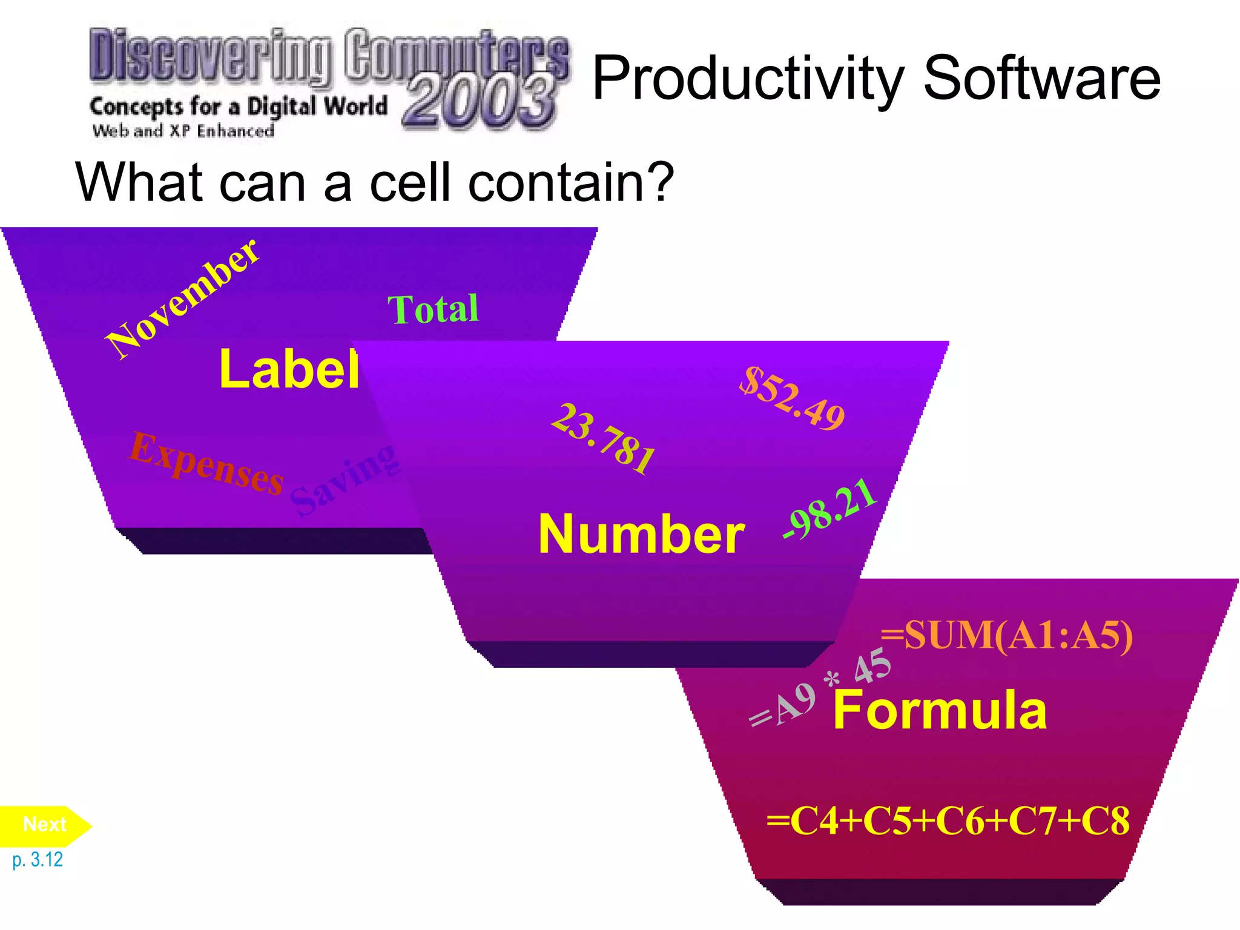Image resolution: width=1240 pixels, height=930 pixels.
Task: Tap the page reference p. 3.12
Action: (x=38, y=860)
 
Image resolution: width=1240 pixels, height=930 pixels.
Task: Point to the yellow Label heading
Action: (x=289, y=369)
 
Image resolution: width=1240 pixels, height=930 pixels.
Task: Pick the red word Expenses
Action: (x=206, y=463)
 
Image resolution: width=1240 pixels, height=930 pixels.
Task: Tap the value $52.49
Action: (x=792, y=398)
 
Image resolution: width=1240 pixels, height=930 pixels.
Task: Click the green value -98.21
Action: (x=829, y=508)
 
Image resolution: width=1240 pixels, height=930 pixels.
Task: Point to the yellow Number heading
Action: (x=641, y=534)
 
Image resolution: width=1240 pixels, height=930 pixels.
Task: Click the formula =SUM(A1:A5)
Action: (x=1006, y=636)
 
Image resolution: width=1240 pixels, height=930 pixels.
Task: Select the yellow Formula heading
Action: (x=940, y=710)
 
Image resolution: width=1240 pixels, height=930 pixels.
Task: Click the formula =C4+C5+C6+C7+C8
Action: (x=948, y=821)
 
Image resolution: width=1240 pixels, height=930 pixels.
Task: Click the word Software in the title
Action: (x=1041, y=78)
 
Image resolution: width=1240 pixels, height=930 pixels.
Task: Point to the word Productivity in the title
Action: (x=748, y=79)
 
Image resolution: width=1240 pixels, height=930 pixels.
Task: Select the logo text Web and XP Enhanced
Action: (x=183, y=131)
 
